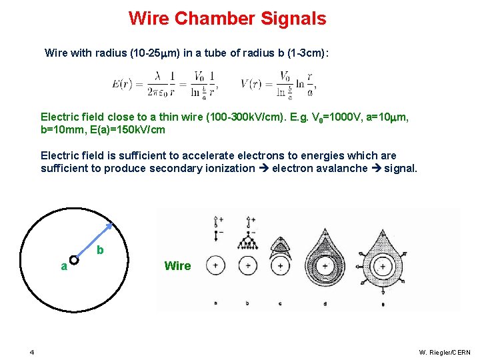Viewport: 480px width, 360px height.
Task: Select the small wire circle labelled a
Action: [74, 259]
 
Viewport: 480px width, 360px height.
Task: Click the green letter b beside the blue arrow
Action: [99, 251]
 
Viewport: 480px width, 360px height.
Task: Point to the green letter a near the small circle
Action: [63, 267]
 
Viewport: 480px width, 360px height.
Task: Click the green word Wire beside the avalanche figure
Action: [177, 266]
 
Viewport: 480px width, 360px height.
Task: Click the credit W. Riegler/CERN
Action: [445, 352]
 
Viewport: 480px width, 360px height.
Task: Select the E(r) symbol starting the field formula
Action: [123, 83]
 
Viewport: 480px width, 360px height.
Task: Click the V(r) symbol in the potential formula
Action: [251, 83]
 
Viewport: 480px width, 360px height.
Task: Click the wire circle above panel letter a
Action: [215, 265]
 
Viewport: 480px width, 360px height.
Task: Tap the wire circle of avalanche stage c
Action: [280, 265]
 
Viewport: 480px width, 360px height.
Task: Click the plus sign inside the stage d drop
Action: [325, 265]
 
